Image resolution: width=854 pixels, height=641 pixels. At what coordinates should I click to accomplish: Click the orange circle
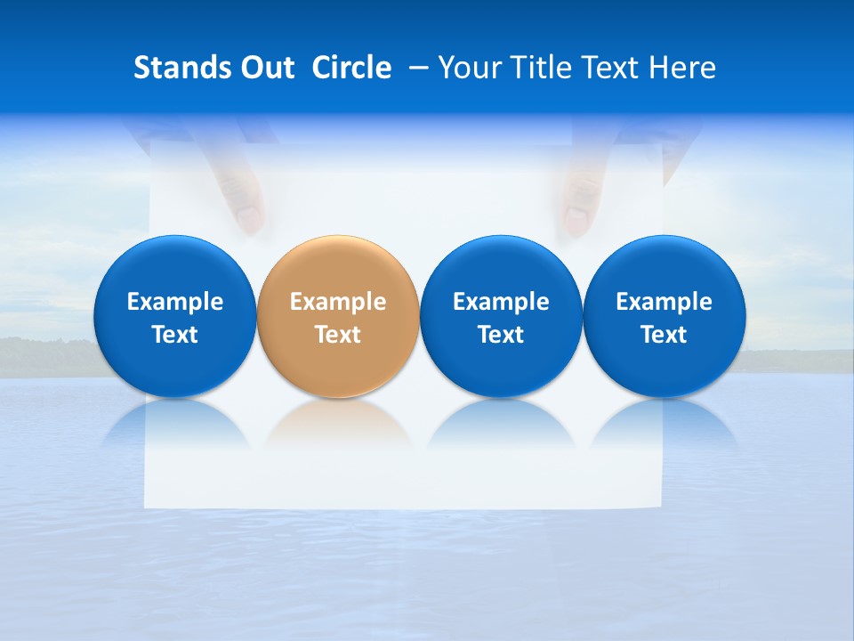tap(338, 316)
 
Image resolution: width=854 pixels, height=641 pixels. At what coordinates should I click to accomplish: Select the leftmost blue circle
tap(174, 316)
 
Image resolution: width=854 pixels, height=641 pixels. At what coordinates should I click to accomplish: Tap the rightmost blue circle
tap(664, 316)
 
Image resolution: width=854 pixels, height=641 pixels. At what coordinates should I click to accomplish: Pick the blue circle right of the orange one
tap(501, 316)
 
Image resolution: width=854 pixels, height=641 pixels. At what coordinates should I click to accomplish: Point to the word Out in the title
tap(266, 68)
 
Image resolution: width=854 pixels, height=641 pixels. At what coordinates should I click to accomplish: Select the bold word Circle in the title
tap(351, 68)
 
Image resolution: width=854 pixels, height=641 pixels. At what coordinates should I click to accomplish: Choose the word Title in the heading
tap(537, 68)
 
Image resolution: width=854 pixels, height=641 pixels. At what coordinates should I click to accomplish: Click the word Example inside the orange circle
tap(338, 302)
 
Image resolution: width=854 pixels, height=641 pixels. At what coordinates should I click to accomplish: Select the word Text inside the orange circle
tap(338, 335)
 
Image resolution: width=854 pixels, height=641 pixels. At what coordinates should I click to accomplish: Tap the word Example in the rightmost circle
tap(664, 302)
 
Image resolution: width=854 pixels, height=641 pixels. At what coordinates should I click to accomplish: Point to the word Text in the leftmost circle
tap(174, 335)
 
